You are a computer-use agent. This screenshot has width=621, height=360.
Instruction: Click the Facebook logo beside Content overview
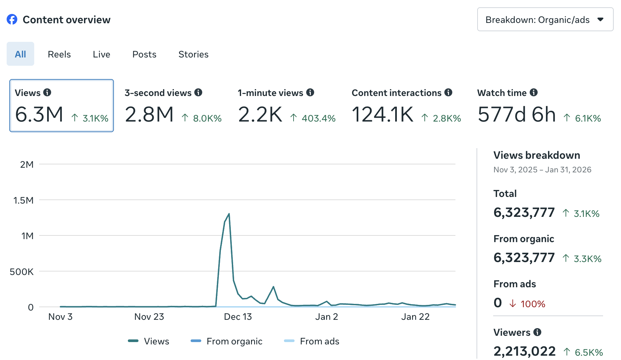coord(12,20)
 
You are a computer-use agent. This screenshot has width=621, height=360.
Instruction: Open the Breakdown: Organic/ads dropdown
coord(545,20)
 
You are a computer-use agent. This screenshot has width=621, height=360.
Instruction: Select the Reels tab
coord(59,54)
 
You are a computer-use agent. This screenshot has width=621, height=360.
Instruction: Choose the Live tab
coord(101,54)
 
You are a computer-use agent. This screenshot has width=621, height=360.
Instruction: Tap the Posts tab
coord(144,54)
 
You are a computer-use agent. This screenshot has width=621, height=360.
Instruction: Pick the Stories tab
coord(193,54)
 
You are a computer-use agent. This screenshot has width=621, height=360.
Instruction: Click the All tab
coord(20,54)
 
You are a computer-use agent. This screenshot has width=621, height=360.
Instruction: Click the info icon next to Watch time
coord(534,93)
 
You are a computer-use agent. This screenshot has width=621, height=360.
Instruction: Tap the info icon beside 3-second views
coord(198,93)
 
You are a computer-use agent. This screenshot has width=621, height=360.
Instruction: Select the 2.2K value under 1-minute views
coord(260,115)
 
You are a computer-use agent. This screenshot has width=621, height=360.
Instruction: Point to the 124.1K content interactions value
coord(382,115)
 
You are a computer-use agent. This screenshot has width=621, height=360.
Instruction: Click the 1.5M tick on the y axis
coord(23,200)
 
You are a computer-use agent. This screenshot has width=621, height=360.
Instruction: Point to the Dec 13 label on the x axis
coord(238,317)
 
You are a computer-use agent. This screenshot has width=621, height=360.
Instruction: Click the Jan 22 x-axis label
coord(415,317)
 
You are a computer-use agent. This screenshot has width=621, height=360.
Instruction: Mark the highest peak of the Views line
coord(229,214)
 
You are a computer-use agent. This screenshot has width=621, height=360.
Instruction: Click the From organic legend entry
coord(234,341)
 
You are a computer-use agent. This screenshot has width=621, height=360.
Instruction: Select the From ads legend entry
coord(319,341)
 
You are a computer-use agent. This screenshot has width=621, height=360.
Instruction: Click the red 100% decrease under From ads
coord(532,304)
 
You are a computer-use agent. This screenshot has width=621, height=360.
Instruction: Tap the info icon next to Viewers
coord(537,332)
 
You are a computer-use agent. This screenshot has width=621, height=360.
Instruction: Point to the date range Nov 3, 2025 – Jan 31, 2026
coord(542,170)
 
